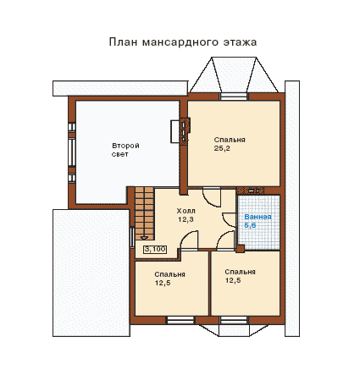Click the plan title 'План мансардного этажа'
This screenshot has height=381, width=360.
coord(183,42)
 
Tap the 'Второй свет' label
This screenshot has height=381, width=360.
coord(125,150)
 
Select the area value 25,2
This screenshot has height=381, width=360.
coord(222,148)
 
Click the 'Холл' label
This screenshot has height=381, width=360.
coord(186,211)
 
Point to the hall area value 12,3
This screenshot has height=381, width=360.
coord(186,219)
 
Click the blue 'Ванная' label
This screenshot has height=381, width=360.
coord(258,217)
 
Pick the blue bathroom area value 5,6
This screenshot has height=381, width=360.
coord(250,225)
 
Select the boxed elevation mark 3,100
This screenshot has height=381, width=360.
coord(155,250)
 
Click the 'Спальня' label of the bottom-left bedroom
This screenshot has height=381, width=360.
coord(169,274)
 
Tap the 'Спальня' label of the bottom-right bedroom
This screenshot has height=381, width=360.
coord(240,272)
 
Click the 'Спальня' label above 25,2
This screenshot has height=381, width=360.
coord(230,140)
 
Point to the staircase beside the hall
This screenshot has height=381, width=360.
coord(144,213)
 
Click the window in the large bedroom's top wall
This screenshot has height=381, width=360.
coord(234,97)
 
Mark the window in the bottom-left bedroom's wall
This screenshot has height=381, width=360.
coord(180,320)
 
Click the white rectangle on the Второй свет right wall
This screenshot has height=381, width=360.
coord(174,131)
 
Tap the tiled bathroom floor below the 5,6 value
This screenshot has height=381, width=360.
coord(259,240)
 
